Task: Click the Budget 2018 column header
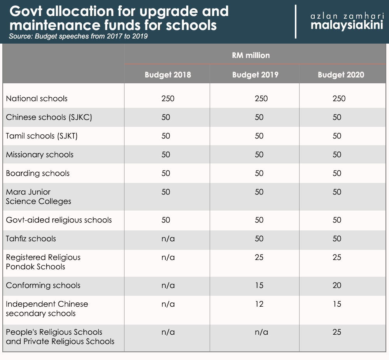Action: [x=168, y=74]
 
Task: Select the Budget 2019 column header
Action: [x=255, y=74]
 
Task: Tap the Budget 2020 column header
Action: [x=341, y=74]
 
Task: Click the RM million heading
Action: [x=251, y=55]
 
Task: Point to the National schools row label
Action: [x=37, y=98]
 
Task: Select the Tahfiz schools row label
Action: [x=31, y=239]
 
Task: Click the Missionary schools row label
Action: [x=40, y=155]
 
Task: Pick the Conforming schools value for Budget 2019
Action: [x=259, y=285]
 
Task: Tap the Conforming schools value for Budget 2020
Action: [x=337, y=285]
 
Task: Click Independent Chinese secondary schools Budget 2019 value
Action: [x=259, y=304]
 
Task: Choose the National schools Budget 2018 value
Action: [x=168, y=98]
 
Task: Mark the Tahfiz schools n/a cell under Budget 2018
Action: [x=168, y=239]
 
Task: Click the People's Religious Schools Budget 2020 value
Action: [x=337, y=332]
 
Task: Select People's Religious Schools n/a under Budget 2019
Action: [x=261, y=332]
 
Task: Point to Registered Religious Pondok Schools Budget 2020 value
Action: [x=337, y=257]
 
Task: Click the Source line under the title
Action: [x=78, y=37]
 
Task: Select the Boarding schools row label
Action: [x=38, y=173]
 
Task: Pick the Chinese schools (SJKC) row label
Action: [x=49, y=117]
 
